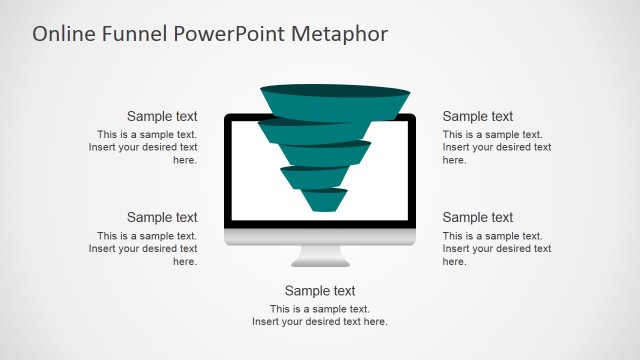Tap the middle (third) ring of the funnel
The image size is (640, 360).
tap(323, 154)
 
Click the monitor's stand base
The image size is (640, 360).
tap(320, 261)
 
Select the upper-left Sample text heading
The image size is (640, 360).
tap(162, 116)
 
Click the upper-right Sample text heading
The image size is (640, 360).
tap(478, 116)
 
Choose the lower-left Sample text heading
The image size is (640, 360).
tap(162, 217)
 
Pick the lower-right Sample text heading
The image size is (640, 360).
tap(478, 217)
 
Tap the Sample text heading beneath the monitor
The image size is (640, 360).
tap(320, 291)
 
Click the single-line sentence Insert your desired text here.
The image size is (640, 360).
tap(320, 322)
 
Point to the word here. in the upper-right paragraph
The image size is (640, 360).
tap(455, 160)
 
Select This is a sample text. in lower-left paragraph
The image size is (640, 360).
tap(147, 236)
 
